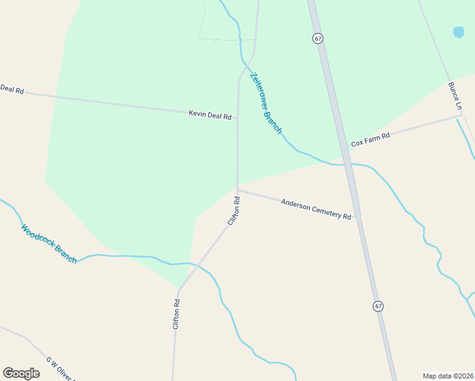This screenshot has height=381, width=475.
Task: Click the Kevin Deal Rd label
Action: [x=210, y=115]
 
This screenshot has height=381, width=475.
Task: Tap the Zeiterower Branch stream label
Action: [x=265, y=103]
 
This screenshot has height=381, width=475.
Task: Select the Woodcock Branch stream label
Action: [x=49, y=243]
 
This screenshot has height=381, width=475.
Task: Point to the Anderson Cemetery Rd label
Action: [x=316, y=208]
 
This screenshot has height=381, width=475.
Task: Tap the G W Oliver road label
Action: [x=60, y=370]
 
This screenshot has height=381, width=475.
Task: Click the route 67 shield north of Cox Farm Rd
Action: [x=318, y=38]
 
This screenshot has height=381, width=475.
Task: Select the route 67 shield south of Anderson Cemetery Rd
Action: [x=378, y=306]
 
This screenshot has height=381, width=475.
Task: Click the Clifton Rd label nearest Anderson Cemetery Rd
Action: [x=233, y=211]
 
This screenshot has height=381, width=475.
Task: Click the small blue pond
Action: [x=458, y=32]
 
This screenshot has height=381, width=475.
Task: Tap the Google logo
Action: [x=21, y=373]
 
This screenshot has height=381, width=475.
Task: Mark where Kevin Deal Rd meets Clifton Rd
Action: [x=237, y=118]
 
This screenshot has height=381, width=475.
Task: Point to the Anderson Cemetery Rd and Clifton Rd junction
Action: [x=237, y=189]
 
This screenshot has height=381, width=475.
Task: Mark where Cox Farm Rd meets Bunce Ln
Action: [x=462, y=115]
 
